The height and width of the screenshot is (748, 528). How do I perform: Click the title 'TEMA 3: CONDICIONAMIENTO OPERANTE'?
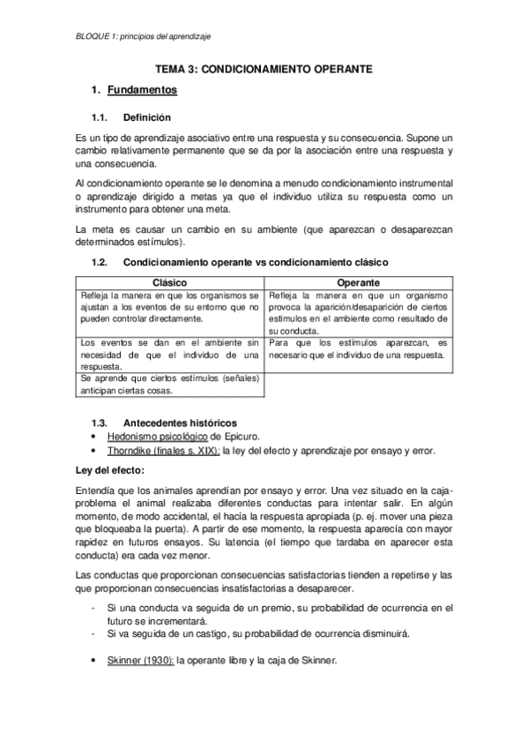pos(264,67)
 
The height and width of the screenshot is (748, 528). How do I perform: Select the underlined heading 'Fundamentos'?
pos(142,90)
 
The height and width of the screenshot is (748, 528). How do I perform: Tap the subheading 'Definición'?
pos(147,117)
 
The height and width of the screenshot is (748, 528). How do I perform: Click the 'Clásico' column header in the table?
pos(170,281)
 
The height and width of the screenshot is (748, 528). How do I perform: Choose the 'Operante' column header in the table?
pos(358,281)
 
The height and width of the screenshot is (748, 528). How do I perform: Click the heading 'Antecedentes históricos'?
pos(180,423)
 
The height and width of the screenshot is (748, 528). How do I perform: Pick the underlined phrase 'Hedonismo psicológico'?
pos(157,436)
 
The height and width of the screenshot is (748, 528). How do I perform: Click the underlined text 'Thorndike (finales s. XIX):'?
pos(163,450)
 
